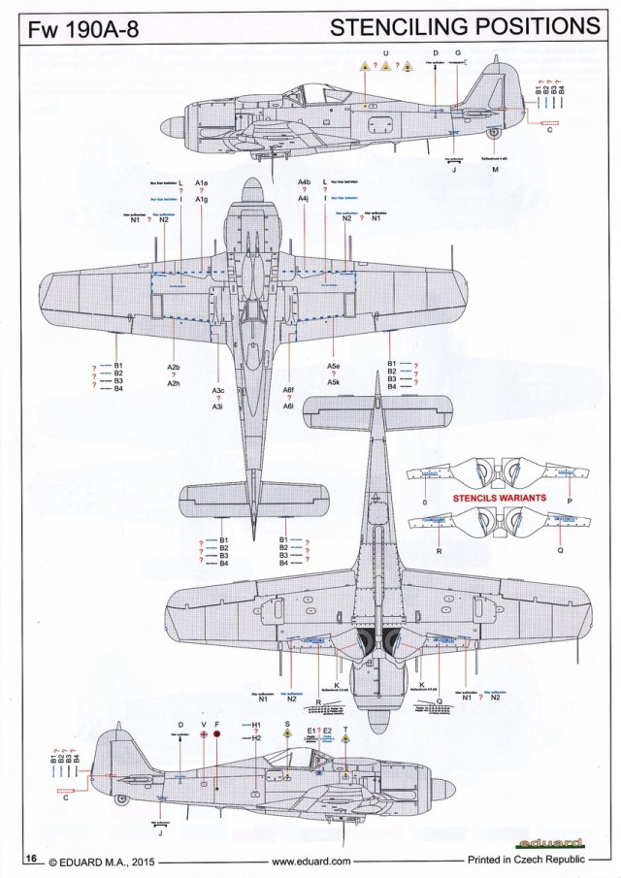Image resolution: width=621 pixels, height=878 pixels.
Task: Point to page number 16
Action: tap(31, 859)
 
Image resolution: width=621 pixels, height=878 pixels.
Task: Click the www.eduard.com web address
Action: tap(310, 860)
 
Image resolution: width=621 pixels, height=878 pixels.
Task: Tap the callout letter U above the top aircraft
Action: tap(385, 51)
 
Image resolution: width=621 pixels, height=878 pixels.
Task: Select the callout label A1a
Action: tap(201, 182)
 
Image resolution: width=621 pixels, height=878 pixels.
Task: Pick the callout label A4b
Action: tap(304, 182)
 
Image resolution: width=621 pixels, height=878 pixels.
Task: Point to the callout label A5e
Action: tap(333, 367)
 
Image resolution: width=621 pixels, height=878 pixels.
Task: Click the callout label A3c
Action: tap(219, 390)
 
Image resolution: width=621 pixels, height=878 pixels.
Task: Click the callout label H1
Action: tap(256, 725)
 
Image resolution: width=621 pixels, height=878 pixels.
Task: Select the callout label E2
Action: tap(327, 731)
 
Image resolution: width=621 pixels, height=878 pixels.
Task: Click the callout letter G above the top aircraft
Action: tap(457, 51)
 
